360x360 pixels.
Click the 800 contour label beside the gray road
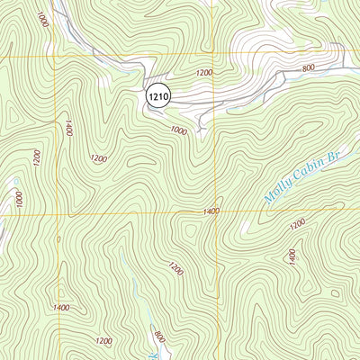coord(310,67)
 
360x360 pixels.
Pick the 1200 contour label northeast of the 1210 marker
coord(204,72)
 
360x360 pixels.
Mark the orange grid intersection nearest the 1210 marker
coord(214,59)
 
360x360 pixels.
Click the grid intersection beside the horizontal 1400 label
coord(215,213)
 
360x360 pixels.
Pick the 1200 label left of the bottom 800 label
coord(104,341)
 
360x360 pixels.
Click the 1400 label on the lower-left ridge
coord(61,309)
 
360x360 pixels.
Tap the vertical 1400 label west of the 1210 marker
coord(67,127)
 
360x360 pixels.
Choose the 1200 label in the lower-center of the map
coord(175,268)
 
